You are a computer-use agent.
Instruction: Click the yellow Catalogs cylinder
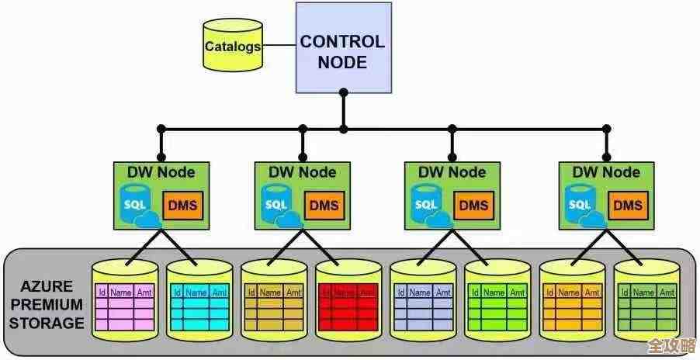click(x=232, y=46)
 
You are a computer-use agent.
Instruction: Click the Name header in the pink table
click(x=121, y=292)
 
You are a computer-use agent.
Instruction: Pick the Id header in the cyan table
click(x=178, y=292)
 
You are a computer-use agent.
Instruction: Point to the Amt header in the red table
click(x=369, y=292)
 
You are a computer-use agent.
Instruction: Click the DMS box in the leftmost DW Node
click(x=182, y=206)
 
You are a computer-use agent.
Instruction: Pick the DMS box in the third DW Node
click(x=472, y=206)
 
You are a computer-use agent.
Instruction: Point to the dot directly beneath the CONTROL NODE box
click(x=342, y=93)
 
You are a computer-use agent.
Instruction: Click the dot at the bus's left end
click(x=161, y=127)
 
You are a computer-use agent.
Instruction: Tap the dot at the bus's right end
click(x=605, y=127)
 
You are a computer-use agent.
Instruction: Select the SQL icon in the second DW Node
click(x=275, y=205)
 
